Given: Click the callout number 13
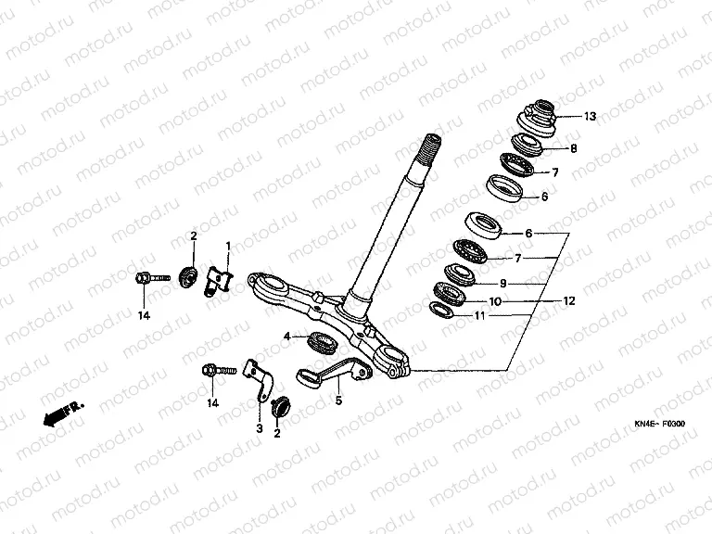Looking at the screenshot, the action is click(x=590, y=117).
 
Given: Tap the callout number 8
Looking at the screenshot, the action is click(x=574, y=148).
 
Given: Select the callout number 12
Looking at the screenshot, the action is click(x=569, y=301).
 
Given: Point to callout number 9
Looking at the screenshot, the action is click(x=502, y=284).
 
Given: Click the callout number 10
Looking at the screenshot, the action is click(x=495, y=301).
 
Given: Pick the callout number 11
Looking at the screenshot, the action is click(x=480, y=315).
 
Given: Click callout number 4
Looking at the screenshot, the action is click(x=287, y=337).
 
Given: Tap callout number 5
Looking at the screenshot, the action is click(x=338, y=400).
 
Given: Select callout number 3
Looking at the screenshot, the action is click(x=260, y=428).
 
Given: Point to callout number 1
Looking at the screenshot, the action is click(x=228, y=246).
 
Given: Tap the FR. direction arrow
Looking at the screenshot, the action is click(x=63, y=413).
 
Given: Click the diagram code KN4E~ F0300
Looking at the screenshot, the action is click(x=660, y=424).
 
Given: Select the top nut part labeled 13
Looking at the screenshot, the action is click(x=539, y=118).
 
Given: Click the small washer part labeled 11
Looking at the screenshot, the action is click(x=442, y=311).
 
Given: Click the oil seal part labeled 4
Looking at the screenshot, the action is click(x=323, y=341).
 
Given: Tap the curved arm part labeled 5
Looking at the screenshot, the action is click(x=334, y=371).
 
